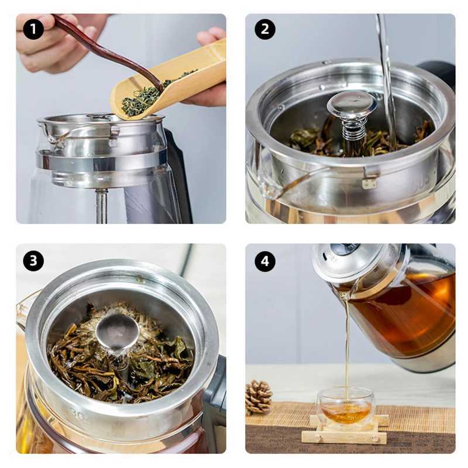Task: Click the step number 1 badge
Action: [33, 29]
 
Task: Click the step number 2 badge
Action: [265, 29]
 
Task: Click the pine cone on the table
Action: [258, 397]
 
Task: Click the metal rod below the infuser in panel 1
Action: [101, 205]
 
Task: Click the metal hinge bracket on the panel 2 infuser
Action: [369, 178]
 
